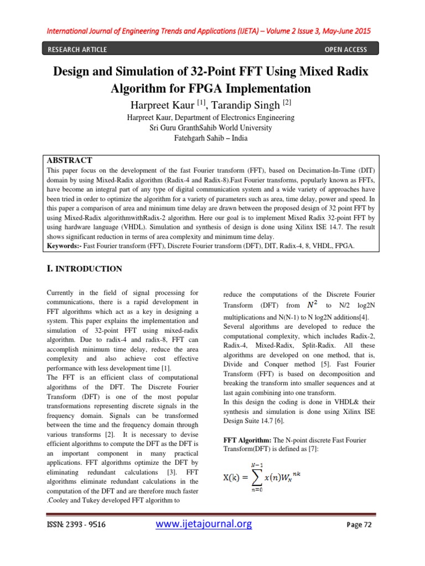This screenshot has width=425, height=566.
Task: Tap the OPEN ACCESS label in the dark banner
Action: coord(345,50)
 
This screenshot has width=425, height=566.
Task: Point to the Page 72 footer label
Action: coord(359,525)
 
